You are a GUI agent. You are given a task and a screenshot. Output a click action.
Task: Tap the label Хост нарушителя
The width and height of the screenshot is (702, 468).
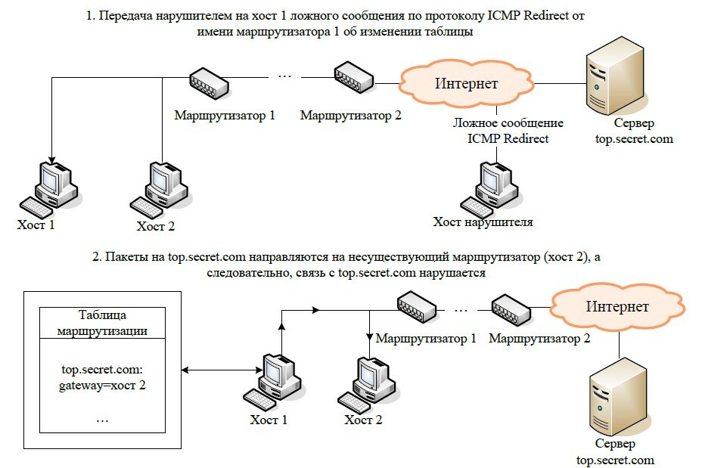pos(483,222)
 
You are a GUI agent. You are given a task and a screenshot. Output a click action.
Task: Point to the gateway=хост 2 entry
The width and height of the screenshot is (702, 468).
pos(102,385)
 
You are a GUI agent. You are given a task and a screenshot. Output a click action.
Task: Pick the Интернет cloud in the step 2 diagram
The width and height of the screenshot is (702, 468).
pos(615,307)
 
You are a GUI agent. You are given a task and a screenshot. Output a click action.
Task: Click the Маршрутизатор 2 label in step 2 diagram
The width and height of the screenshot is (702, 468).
pos(539,339)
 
